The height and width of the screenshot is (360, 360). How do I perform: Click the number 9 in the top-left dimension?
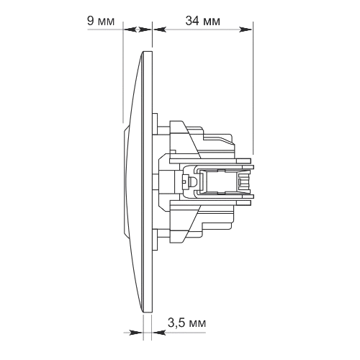90,21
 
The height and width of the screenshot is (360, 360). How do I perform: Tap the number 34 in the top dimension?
192,21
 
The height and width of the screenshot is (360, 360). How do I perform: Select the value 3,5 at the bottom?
176,323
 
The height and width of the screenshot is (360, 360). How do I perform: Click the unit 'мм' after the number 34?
212,22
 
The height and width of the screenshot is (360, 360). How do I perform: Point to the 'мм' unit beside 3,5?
197,324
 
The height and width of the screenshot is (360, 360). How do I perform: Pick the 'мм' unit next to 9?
107,22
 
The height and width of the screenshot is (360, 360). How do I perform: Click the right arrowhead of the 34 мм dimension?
246,30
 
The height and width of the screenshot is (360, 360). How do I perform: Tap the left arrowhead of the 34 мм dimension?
160,30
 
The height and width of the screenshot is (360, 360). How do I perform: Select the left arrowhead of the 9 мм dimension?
130,30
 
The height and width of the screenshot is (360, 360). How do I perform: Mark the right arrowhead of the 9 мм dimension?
145,30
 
